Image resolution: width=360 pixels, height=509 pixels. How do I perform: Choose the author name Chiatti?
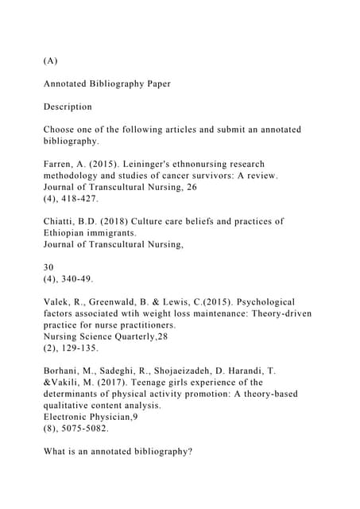pos(61,221)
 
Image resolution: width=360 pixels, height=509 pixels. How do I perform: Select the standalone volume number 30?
pos(49,267)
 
